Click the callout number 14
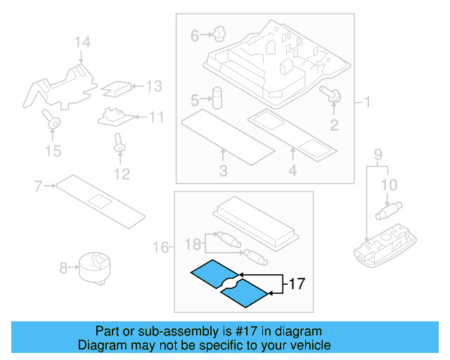tap(82, 44)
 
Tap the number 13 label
tap(153, 86)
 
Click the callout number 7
tap(38, 186)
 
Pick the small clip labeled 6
tap(218, 32)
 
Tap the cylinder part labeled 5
tap(217, 97)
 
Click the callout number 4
tap(292, 171)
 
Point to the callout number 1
tap(366, 103)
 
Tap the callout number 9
tap(377, 154)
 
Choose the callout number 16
tap(161, 247)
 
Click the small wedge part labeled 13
tap(117, 88)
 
